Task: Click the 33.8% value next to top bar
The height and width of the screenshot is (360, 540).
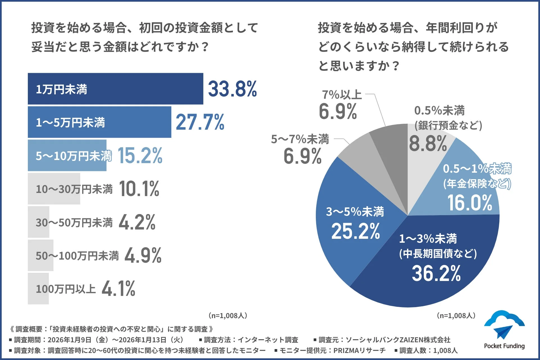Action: [x=232, y=89]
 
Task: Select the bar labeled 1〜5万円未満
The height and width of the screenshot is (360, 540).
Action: [x=99, y=122]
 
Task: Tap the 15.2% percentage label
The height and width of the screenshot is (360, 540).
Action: [x=140, y=156]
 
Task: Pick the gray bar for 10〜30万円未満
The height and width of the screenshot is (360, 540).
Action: [x=54, y=189]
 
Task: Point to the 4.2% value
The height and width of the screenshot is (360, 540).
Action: [x=137, y=222]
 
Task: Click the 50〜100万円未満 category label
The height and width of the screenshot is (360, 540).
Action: [x=77, y=256]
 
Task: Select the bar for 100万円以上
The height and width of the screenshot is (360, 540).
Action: [x=38, y=289]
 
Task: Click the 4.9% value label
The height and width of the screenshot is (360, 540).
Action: [x=143, y=255]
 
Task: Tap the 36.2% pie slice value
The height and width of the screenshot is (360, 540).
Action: [x=436, y=273]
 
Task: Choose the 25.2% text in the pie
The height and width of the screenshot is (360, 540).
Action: [x=355, y=231]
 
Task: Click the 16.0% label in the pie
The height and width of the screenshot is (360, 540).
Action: [x=470, y=203]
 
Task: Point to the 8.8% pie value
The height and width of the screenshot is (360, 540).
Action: [x=428, y=143]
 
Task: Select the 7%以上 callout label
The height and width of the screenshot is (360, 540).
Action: [x=341, y=95]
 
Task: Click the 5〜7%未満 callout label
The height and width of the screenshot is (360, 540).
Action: [x=300, y=139]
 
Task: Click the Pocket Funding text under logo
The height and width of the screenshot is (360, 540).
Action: [x=504, y=346]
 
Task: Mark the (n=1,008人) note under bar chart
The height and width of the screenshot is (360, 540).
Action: [x=228, y=316]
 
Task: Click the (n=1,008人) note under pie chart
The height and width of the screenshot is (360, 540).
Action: [x=456, y=316]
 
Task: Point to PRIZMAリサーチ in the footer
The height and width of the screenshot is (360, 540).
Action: [x=359, y=350]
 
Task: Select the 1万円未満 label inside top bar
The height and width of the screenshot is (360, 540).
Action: [x=61, y=89]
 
